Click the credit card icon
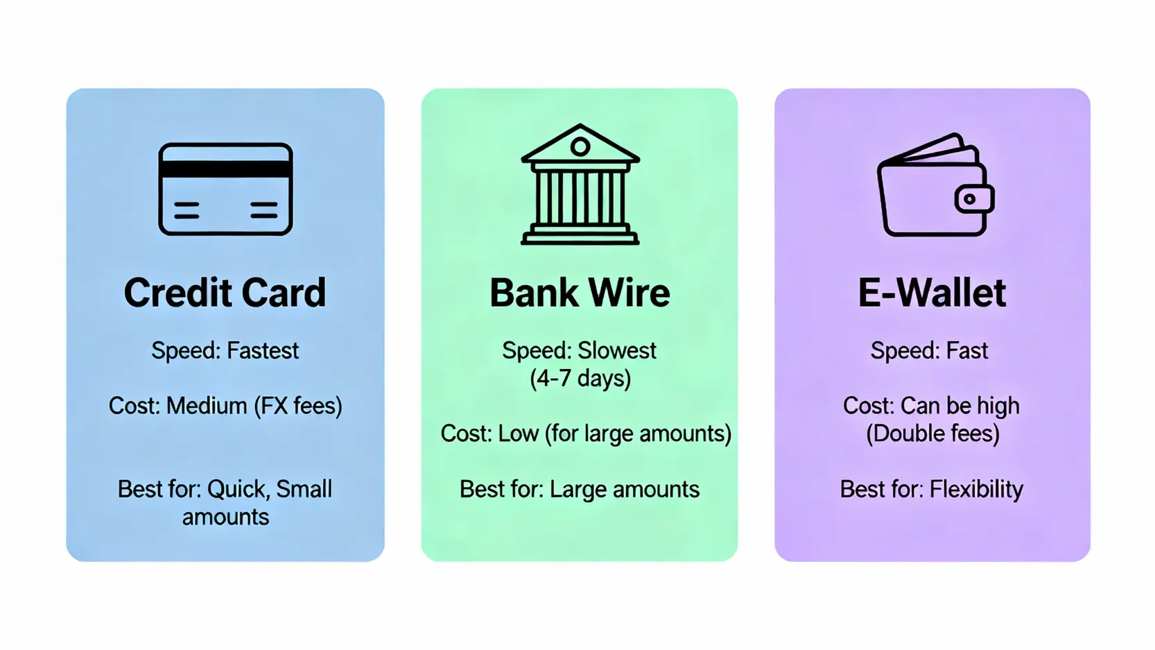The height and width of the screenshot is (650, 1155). click(x=225, y=189)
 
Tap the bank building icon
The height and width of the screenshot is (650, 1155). click(x=580, y=185)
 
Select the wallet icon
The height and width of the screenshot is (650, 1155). click(x=935, y=186)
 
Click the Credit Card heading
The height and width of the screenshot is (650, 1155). click(x=225, y=293)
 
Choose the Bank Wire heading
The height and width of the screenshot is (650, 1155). click(x=580, y=293)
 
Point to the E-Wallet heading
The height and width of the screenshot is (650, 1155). click(x=932, y=293)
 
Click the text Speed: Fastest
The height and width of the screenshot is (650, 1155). click(x=225, y=351)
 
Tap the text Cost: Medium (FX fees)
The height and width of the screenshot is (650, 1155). click(x=225, y=406)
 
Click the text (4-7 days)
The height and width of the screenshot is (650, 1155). click(x=580, y=379)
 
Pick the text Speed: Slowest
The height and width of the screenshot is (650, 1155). click(x=579, y=351)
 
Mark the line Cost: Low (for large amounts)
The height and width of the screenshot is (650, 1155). click(x=586, y=434)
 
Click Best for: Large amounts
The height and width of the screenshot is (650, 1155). click(x=580, y=490)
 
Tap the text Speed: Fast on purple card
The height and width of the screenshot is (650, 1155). click(x=929, y=351)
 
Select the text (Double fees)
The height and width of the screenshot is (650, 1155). click(x=932, y=434)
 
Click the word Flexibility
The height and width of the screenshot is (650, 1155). click(x=976, y=490)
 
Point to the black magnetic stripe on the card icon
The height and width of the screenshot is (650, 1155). click(x=225, y=169)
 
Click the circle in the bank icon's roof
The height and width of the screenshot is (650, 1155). click(x=580, y=146)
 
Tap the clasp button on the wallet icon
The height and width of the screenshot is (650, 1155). click(x=971, y=200)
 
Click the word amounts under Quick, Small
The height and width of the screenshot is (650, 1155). click(x=225, y=518)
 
